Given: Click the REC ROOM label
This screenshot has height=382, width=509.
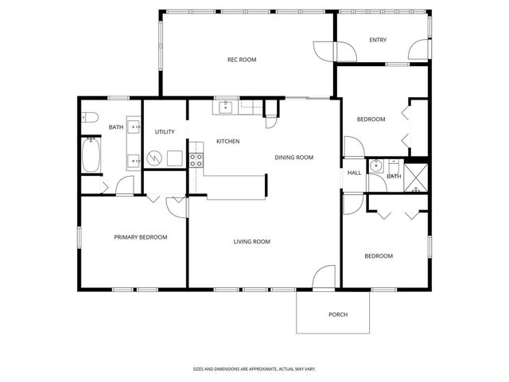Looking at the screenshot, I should pyautogui.click(x=242, y=60).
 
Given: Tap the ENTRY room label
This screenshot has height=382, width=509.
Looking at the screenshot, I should pyautogui.click(x=378, y=40).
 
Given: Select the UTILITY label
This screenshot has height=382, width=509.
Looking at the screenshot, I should pyautogui.click(x=165, y=132).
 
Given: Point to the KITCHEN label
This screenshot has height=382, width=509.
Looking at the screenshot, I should pyautogui.click(x=228, y=142).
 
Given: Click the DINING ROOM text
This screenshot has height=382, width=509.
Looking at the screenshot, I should pyautogui.click(x=294, y=158).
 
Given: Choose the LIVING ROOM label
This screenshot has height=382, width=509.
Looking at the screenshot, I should pyautogui.click(x=252, y=242).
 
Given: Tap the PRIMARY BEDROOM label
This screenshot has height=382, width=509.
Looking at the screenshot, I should pyautogui.click(x=141, y=237).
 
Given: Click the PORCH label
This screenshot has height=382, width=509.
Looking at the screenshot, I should pyautogui.click(x=338, y=314).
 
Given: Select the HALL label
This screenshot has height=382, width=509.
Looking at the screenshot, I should pyautogui.click(x=354, y=173).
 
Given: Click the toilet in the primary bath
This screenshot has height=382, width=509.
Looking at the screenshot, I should pyautogui.click(x=89, y=118).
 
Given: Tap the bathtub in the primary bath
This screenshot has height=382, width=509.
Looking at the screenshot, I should pyautogui.click(x=90, y=155).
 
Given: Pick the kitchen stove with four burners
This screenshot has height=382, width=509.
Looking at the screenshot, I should pyautogui.click(x=196, y=159).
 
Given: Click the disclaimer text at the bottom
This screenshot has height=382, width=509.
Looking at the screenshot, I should pyautogui.click(x=254, y=369).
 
